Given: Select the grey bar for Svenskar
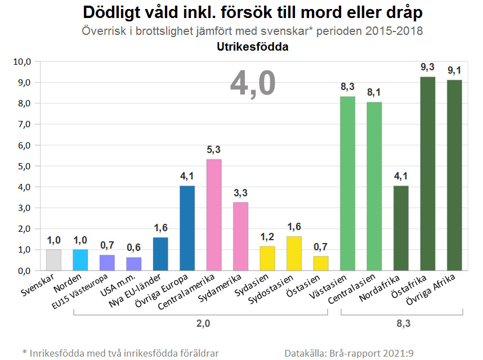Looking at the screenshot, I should [53, 260].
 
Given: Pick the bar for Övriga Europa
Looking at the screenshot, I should [187, 228].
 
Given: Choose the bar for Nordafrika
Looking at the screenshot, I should [401, 228].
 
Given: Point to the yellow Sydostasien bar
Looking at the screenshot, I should [294, 253].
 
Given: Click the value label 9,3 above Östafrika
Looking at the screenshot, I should [428, 67].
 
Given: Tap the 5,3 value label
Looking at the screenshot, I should [214, 150].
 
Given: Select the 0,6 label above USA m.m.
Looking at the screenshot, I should [133, 248].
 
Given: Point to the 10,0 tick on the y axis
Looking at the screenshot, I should [24, 61].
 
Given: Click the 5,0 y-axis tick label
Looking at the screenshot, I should [25, 166].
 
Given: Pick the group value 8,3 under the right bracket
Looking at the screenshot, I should [401, 324].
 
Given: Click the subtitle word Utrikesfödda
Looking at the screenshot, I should [252, 47].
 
